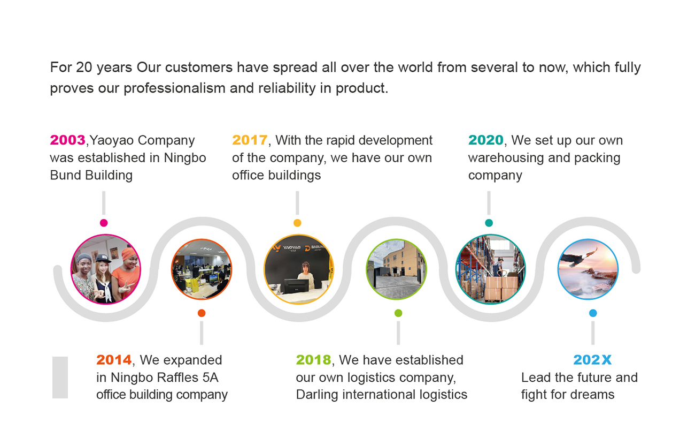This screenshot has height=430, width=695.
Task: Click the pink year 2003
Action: click(68, 140)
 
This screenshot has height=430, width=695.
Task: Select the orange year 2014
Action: click(114, 360)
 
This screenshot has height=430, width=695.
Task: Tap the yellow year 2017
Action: click(250, 140)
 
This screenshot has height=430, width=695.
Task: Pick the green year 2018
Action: click(314, 360)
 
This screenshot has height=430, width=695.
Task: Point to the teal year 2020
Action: click(486, 140)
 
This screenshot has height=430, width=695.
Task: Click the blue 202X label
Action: click(592, 360)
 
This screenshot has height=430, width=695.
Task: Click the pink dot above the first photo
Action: click(104, 223)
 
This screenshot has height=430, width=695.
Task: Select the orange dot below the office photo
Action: click(202, 313)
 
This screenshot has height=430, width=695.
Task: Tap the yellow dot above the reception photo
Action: click(297, 223)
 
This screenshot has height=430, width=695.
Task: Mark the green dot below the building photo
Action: click(398, 313)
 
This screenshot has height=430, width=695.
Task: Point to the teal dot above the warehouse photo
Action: click(489, 223)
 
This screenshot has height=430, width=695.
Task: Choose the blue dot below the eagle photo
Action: click(593, 313)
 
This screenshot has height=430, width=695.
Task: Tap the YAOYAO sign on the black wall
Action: click(288, 248)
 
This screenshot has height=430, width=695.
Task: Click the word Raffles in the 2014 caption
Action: click(177, 378)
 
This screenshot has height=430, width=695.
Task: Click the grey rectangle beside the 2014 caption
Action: click(60, 378)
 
